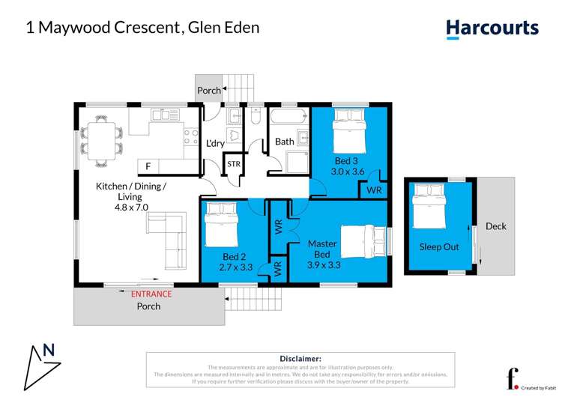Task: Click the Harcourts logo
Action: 492,28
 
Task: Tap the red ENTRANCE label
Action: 151,294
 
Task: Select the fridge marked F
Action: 148,166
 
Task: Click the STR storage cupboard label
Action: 234,163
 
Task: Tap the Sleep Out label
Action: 439,246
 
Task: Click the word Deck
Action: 496,226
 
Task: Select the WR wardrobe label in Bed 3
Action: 374,190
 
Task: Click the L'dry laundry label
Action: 215,143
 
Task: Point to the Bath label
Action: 285,141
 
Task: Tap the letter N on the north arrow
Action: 49,349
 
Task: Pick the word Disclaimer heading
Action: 300,359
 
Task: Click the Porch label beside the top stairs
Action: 209,91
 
